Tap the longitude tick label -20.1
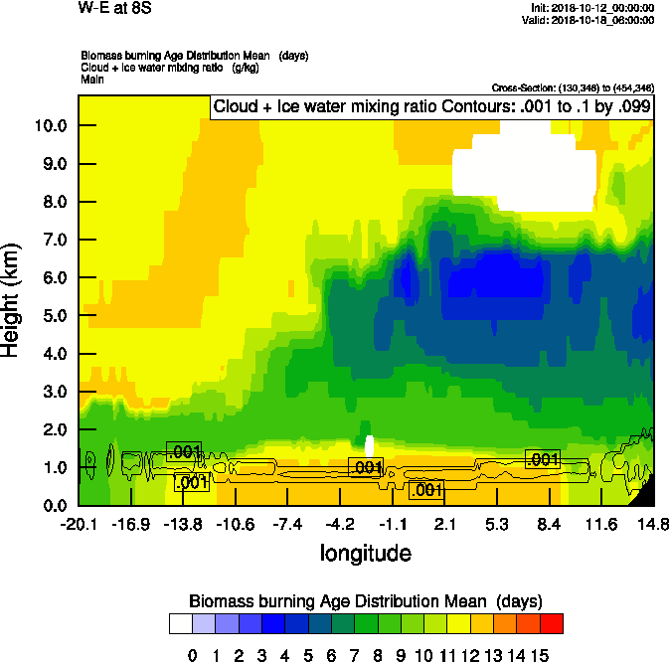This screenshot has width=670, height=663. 78,524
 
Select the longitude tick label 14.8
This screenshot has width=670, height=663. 652,524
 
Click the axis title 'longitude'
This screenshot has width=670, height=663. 365,552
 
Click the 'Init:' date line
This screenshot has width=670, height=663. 593,8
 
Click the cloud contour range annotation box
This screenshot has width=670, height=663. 431,107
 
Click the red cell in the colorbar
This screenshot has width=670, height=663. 553,623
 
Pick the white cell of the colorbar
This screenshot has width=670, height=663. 180,623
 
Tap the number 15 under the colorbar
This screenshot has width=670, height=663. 541,656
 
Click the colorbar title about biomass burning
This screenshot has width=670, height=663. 365,600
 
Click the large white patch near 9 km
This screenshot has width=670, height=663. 522,174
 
